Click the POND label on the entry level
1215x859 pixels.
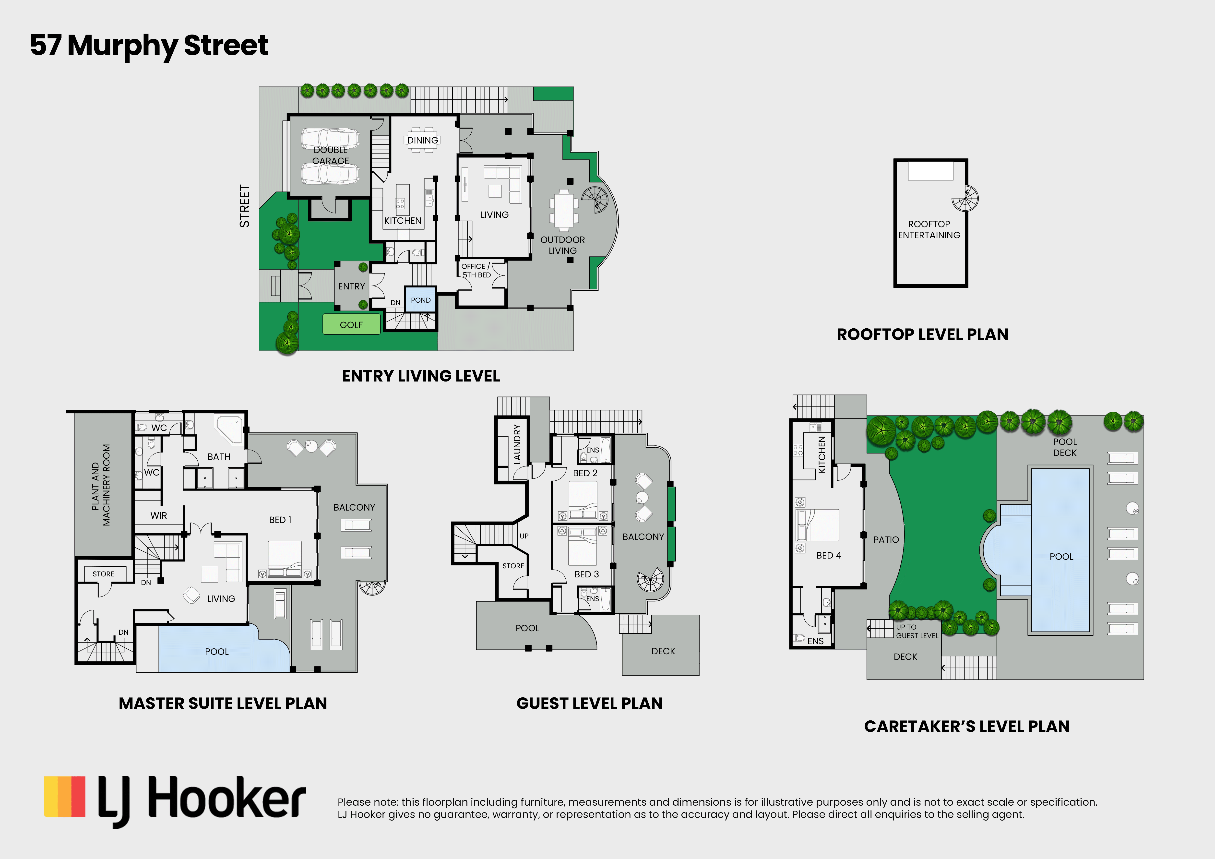coord(421,300)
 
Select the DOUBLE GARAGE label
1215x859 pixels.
coord(331,155)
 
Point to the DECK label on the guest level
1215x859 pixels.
coord(663,651)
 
